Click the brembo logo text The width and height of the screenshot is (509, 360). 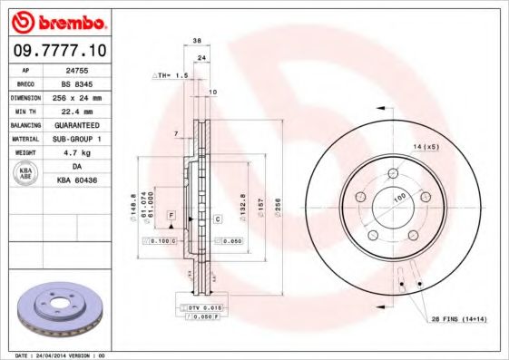click(x=61, y=19)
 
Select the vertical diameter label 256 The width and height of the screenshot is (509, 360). click(x=279, y=205)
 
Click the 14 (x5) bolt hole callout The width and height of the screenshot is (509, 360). click(x=426, y=147)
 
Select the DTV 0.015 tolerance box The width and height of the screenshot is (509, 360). click(x=203, y=309)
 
